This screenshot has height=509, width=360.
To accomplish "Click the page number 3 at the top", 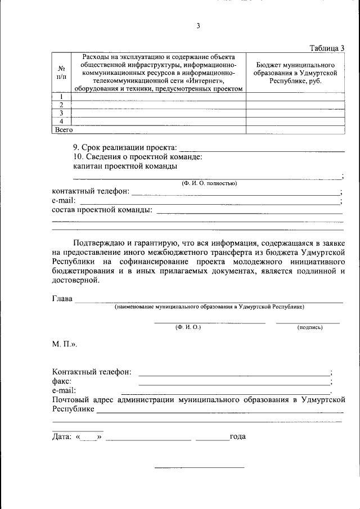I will pos(198,26).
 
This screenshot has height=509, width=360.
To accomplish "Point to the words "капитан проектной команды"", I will pos(125,166).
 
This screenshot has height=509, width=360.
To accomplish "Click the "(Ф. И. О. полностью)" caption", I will pos(209,183).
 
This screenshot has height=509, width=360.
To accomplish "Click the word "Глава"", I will pos(62,299).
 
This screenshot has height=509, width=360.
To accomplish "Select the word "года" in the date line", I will pos(237,436).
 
